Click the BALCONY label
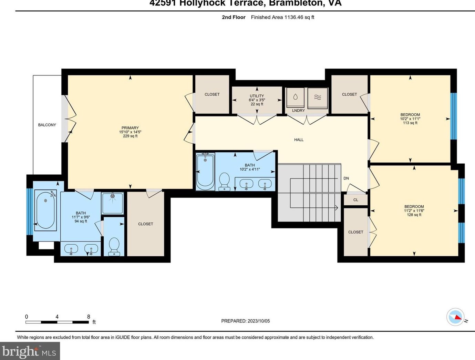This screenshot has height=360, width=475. [47, 125]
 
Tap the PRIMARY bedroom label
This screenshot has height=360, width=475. [130, 128]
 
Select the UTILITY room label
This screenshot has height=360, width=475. [257, 96]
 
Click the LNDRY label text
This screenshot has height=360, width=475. [298, 111]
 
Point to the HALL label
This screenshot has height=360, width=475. [299, 140]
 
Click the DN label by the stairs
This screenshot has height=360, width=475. [346, 178]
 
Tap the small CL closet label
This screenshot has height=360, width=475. [355, 200]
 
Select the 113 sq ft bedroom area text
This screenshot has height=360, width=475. [410, 123]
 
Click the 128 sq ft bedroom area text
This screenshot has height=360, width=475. [414, 215]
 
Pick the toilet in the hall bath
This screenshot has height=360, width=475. [225, 182]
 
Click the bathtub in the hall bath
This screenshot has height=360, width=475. [205, 172]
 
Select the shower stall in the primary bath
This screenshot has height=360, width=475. [112, 203]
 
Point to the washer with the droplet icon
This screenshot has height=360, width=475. [296, 97]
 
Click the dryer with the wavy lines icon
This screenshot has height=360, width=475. [317, 97]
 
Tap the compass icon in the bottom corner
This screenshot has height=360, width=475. [455, 317]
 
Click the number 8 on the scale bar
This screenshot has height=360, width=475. [89, 317]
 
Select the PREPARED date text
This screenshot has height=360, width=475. [245, 321]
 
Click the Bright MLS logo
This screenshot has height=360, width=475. [30, 351]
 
